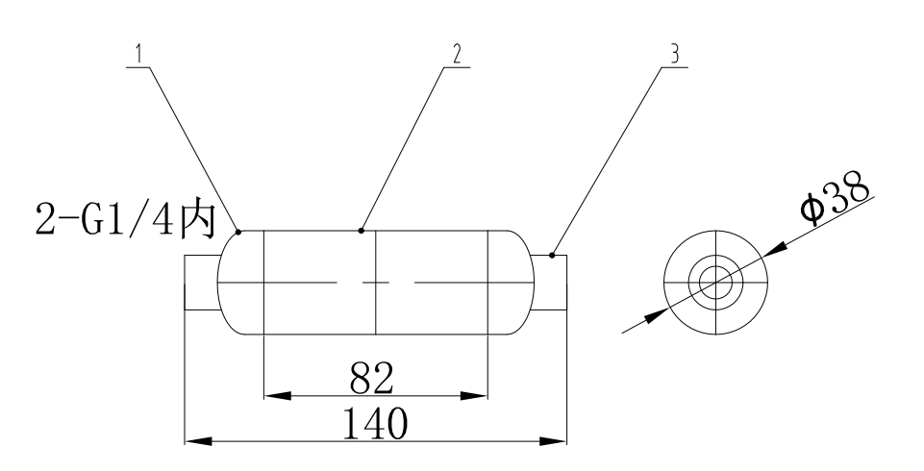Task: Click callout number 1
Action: tap(140, 54)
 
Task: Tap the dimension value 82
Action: tap(371, 379)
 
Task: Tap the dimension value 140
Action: tap(372, 424)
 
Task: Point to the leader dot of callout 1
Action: tap(238, 231)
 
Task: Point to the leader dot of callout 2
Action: tap(361, 231)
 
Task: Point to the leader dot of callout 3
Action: tap(552, 256)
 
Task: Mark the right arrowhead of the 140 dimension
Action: tap(553, 442)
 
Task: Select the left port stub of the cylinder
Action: tap(201, 283)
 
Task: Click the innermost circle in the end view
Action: tap(715, 283)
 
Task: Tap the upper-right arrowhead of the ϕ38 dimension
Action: tap(778, 250)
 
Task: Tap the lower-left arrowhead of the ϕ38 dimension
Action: tap(654, 315)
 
